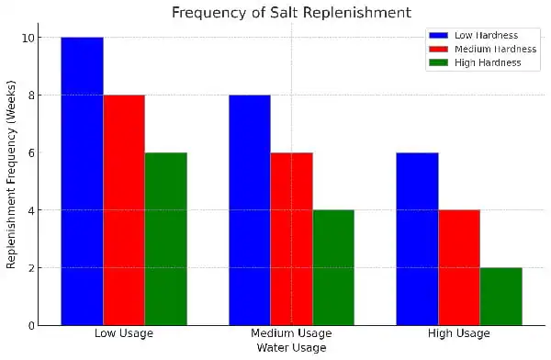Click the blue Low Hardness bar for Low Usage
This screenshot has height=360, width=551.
pyautogui.click(x=82, y=181)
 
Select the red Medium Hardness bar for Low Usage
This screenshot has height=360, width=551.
pyautogui.click(x=124, y=209)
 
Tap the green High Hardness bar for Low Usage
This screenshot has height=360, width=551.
pyautogui.click(x=165, y=239)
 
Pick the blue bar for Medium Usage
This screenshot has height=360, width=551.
pyautogui.click(x=250, y=209)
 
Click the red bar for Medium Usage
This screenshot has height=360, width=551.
pyautogui.click(x=291, y=239)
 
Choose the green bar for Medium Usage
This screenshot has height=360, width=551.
pyautogui.click(x=333, y=267)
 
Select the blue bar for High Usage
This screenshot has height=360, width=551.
pyautogui.click(x=417, y=239)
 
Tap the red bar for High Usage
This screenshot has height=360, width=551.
pyautogui.click(x=459, y=267)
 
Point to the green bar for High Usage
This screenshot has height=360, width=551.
pyautogui.click(x=500, y=296)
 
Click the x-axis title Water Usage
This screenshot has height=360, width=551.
pyautogui.click(x=291, y=348)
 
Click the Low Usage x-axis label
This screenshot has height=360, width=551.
pyautogui.click(x=124, y=333)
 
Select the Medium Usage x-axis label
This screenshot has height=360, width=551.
pyautogui.click(x=291, y=333)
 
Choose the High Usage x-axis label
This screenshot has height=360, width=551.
pyautogui.click(x=459, y=333)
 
